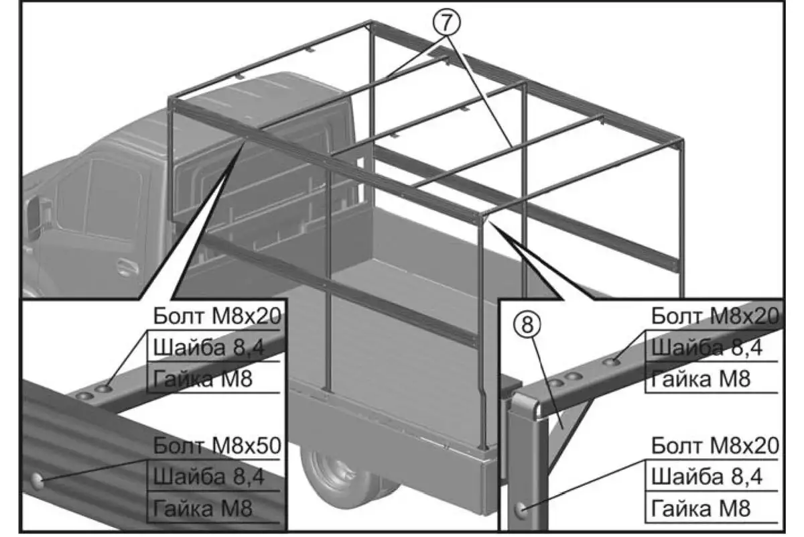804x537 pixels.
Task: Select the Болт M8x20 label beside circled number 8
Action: point(714,315)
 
